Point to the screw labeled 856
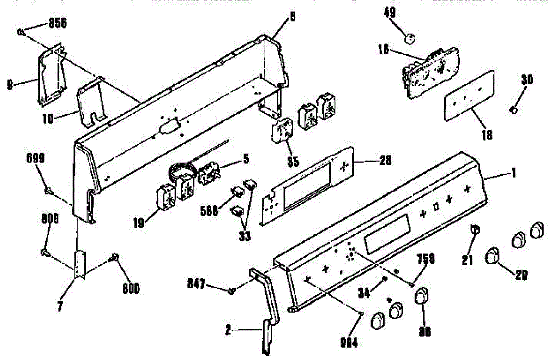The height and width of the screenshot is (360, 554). click(x=20, y=31)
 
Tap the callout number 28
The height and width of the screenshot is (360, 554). click(x=385, y=161)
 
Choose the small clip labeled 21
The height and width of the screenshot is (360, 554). click(x=473, y=229)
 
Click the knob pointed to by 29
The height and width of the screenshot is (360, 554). click(x=493, y=255)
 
